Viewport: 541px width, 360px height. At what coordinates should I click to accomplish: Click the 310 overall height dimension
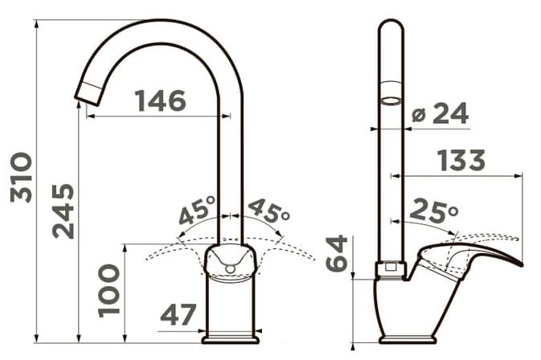tap(22, 178)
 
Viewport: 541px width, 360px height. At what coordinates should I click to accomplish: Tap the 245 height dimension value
tap(64, 211)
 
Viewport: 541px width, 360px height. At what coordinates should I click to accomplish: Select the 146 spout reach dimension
tap(161, 100)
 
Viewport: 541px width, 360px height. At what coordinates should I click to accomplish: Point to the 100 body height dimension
tap(109, 290)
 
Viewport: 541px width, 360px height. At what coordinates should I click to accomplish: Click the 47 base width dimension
tap(178, 314)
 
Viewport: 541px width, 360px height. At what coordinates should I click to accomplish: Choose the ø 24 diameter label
tap(441, 113)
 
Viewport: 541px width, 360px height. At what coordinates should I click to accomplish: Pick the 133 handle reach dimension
tap(461, 160)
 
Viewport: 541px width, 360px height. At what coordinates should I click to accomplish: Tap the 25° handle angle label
tap(434, 211)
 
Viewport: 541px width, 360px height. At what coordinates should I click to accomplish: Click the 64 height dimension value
tap(336, 253)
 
